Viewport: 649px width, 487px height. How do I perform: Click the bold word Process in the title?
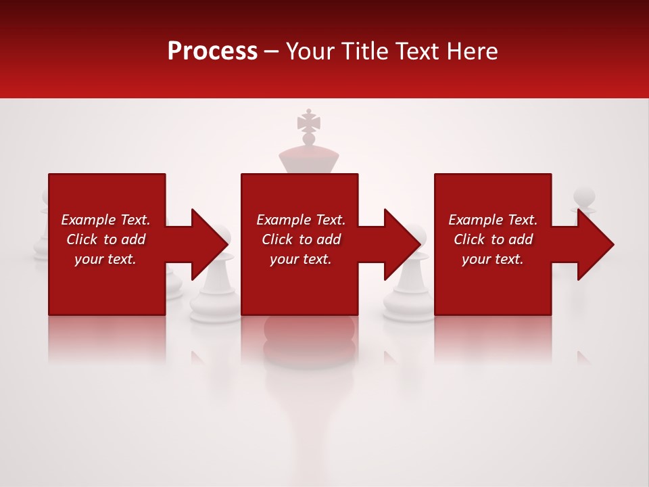tap(212, 51)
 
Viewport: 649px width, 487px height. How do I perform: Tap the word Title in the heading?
tap(365, 51)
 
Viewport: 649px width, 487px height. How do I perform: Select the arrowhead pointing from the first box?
tap(206, 244)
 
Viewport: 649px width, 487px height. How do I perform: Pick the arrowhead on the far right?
tap(594, 244)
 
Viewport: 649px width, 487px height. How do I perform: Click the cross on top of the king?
tap(308, 122)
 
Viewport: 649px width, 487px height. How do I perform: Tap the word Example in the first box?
tap(89, 220)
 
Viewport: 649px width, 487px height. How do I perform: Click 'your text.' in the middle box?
tap(300, 259)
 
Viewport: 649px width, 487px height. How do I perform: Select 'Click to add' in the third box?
tap(493, 239)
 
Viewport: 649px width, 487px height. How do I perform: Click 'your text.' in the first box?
tap(105, 259)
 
